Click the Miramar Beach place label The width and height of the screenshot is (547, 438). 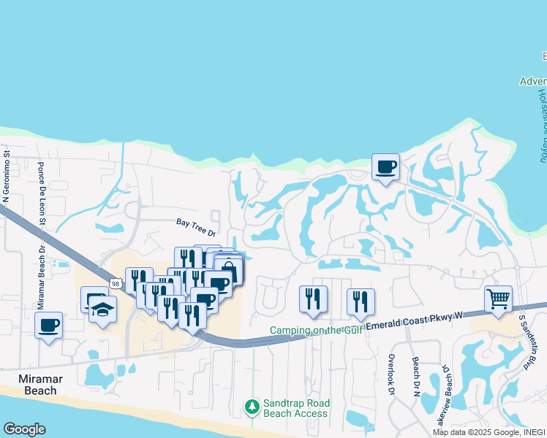(x=37, y=385)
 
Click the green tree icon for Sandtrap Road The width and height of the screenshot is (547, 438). (x=252, y=405)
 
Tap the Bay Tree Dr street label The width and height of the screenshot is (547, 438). (x=197, y=228)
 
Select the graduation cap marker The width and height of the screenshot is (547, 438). (x=103, y=310)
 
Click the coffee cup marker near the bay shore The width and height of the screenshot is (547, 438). (x=386, y=166)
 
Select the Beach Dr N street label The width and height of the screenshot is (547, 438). (x=415, y=377)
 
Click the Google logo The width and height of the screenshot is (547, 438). (x=24, y=429)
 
